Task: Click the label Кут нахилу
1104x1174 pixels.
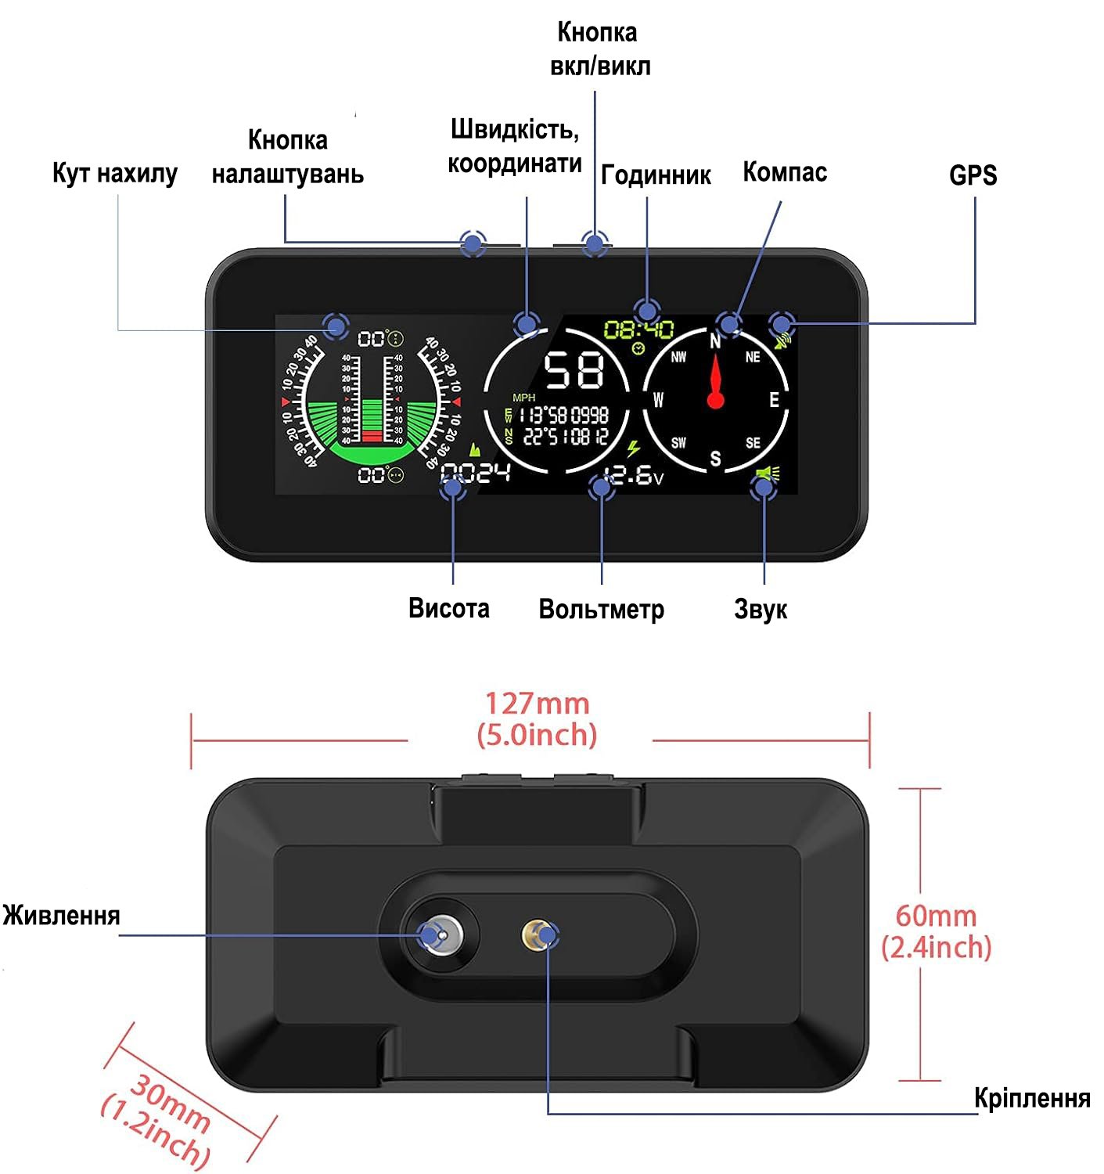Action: (x=115, y=173)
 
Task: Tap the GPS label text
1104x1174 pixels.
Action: (x=973, y=175)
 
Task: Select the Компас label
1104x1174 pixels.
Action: (x=784, y=172)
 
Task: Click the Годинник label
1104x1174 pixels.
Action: (x=656, y=175)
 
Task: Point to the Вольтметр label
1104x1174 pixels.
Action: (x=601, y=609)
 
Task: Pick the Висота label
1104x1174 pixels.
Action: (x=448, y=608)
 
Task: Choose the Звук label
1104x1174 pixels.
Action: (x=761, y=609)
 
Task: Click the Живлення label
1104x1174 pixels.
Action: (x=61, y=915)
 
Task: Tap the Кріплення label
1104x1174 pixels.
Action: (x=1032, y=1098)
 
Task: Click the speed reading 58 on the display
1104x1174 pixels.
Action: (x=574, y=370)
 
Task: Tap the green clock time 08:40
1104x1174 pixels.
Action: (x=638, y=329)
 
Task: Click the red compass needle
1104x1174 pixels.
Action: (x=715, y=384)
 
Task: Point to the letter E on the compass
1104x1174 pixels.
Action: (x=774, y=400)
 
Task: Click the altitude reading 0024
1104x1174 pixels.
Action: (x=476, y=473)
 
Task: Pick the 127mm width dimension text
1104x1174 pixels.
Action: (x=537, y=704)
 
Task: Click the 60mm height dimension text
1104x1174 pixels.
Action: (x=936, y=915)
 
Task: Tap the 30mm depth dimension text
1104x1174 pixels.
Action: (x=170, y=1104)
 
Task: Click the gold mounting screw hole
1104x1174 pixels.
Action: (x=536, y=934)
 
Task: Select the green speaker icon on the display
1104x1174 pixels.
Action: (x=768, y=474)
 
